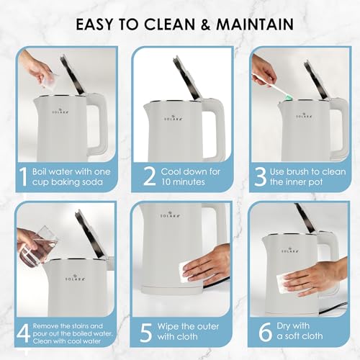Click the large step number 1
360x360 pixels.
coord(23,177)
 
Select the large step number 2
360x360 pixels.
coord(149,176)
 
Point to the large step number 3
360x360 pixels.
coord(260,177)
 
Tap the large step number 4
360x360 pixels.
coord(24,333)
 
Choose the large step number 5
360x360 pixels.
coord(145,333)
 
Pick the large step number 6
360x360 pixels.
coord(265,332)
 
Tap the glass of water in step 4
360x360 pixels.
coord(41,246)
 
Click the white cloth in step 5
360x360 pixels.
coord(190,272)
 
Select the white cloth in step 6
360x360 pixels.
coord(287,284)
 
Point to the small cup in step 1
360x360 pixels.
coord(45,77)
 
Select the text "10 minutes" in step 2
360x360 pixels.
coord(183,181)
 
